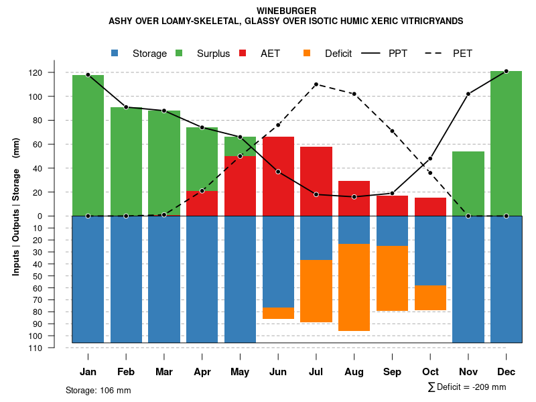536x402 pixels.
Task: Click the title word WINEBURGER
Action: [286, 11]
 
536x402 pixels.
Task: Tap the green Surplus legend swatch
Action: [180, 54]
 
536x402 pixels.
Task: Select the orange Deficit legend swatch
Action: [308, 54]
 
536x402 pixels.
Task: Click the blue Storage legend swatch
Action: [115, 54]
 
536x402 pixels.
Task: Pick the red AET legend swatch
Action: [243, 54]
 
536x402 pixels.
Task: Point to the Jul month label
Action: [316, 372]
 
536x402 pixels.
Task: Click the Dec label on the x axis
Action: [506, 372]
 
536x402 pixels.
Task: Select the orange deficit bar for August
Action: [354, 287]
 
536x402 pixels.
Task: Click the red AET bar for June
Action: [278, 176]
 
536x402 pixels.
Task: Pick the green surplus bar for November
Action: [468, 184]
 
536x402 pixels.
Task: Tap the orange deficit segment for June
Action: [278, 314]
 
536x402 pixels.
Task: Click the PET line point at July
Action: [316, 84]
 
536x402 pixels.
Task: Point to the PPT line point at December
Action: [506, 71]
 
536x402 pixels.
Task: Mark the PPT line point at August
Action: [354, 197]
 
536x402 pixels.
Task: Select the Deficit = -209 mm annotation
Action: [467, 387]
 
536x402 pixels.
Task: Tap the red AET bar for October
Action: [430, 207]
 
